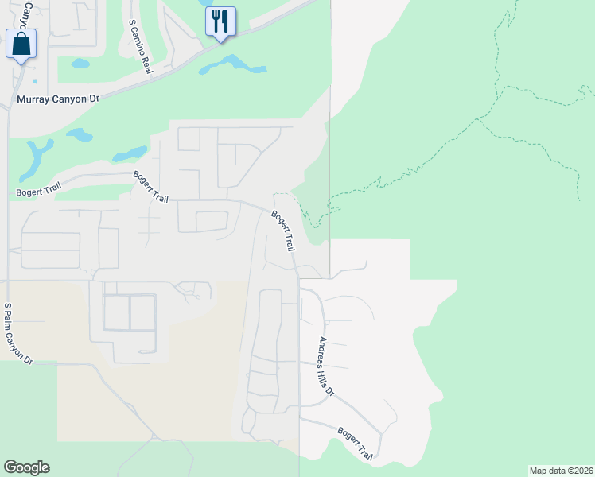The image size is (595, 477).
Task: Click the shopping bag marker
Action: pyautogui.click(x=21, y=44)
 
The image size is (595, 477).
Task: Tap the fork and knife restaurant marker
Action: pyautogui.click(x=220, y=21)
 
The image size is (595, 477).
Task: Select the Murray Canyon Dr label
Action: pyautogui.click(x=58, y=100)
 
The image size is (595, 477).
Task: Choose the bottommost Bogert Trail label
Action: pyautogui.click(x=356, y=443)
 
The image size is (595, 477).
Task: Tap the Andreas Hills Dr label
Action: pyautogui.click(x=326, y=366)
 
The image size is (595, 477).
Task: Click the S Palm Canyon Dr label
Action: pyautogui.click(x=17, y=333)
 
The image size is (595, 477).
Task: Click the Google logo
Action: pyautogui.click(x=26, y=467)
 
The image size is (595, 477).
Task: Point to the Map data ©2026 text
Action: pyautogui.click(x=561, y=470)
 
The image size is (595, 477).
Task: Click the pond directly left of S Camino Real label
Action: pyautogui.click(x=80, y=63)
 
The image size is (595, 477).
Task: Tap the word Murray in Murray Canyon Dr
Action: pyautogui.click(x=33, y=100)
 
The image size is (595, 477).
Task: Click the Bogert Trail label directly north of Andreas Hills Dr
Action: pyautogui.click(x=283, y=231)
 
